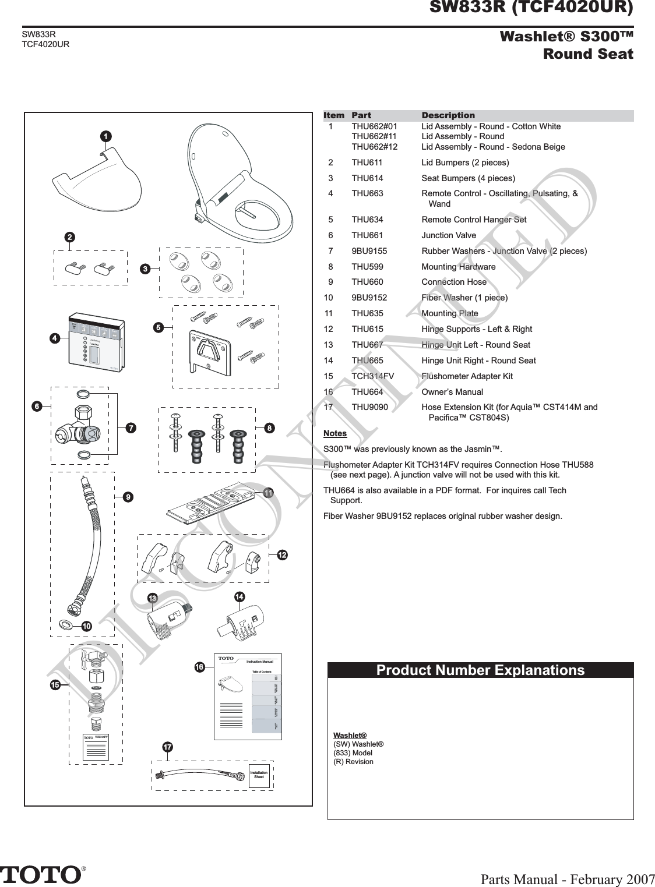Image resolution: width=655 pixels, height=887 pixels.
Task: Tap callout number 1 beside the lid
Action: coord(105,136)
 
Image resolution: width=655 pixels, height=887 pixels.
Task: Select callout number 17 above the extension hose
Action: coord(167,747)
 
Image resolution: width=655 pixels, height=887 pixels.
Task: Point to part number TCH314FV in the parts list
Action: coord(372,376)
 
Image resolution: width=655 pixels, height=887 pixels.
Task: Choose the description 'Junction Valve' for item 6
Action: coord(448,235)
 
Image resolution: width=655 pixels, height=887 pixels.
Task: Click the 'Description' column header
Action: coord(448,115)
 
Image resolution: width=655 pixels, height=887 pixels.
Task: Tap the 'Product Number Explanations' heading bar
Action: coord(480,670)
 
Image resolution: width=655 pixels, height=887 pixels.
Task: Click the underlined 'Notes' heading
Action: coord(334,433)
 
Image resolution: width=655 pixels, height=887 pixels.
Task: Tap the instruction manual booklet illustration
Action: coord(248,697)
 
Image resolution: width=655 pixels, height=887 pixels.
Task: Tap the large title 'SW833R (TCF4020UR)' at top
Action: coord(531,8)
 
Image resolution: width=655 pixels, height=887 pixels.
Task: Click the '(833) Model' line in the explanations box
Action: coord(353,752)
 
